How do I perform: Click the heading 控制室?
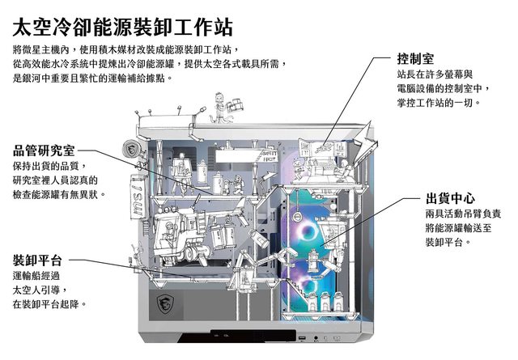(415, 59)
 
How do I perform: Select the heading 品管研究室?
(44, 150)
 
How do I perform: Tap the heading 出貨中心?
(449, 198)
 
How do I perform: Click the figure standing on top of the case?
(219, 101)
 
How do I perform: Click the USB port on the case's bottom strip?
(302, 337)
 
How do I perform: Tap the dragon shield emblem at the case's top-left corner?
(129, 150)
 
